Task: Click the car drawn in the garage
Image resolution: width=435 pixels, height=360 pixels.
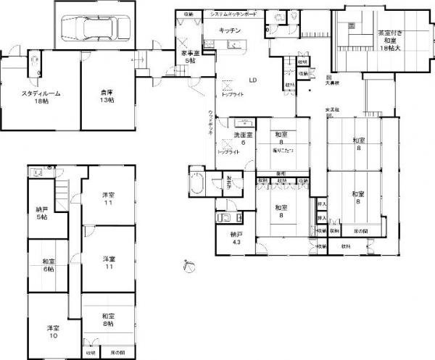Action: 95,28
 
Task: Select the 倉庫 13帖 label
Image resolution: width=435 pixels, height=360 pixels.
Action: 107,95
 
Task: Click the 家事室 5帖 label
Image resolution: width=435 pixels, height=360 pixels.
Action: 191,57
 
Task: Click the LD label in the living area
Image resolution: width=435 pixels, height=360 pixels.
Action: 253,80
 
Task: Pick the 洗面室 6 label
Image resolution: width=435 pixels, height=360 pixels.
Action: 242,138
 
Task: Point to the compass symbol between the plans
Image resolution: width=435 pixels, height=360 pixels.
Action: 189,266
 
